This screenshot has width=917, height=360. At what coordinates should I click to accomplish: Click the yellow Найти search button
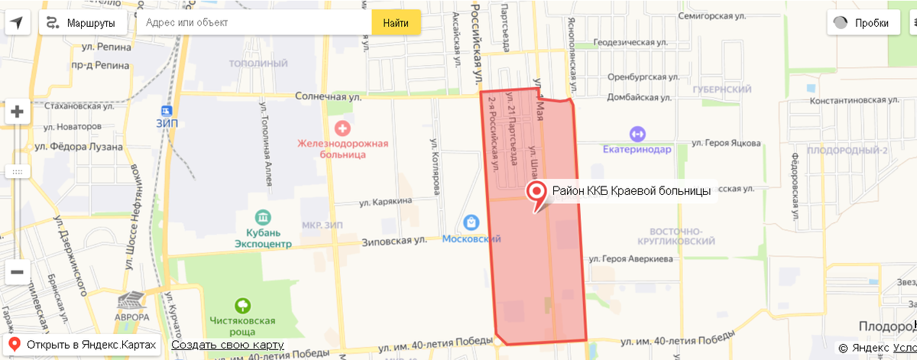(x=396, y=23)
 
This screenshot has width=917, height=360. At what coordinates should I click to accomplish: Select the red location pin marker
(x=538, y=193)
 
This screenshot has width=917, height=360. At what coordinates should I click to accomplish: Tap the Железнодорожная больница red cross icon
(x=343, y=126)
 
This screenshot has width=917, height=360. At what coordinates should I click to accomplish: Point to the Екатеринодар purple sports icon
(x=636, y=133)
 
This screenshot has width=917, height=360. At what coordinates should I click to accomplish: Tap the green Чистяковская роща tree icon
(x=244, y=304)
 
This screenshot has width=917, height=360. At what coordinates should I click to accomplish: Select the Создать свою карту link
(x=228, y=345)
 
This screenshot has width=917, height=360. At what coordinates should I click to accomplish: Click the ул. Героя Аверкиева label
(x=637, y=260)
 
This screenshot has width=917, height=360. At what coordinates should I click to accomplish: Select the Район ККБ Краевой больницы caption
(x=632, y=190)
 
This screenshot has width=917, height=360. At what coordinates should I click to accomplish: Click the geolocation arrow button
(x=17, y=23)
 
